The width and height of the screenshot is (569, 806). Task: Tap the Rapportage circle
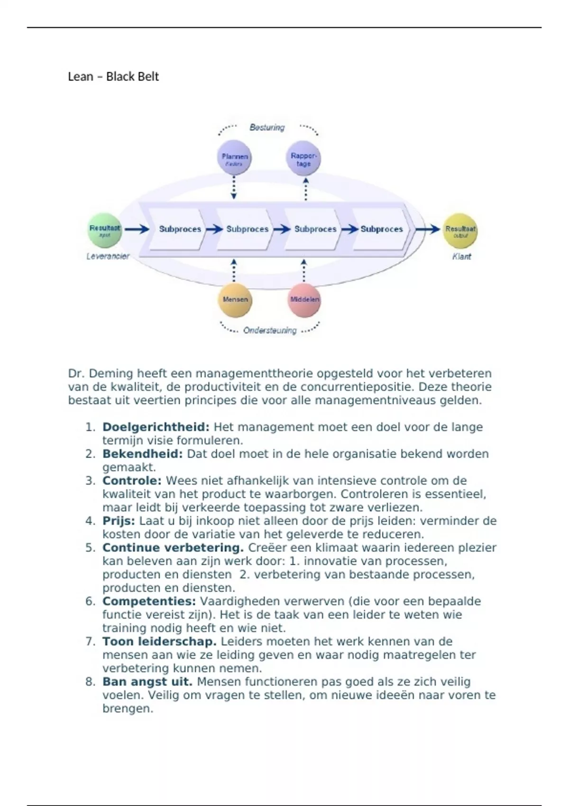click(x=304, y=159)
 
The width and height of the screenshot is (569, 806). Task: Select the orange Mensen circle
click(x=235, y=300)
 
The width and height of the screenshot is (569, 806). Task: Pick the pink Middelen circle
click(x=304, y=300)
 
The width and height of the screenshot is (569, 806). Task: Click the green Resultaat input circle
click(x=105, y=230)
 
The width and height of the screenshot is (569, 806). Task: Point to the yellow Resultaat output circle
click(x=460, y=231)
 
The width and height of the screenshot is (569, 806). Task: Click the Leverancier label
click(x=108, y=256)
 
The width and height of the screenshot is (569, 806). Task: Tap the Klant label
click(x=461, y=256)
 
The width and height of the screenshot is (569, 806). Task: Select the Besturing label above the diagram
click(x=267, y=128)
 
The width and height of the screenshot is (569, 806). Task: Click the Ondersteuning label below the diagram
click(x=270, y=330)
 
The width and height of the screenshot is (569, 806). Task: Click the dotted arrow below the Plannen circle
click(x=234, y=187)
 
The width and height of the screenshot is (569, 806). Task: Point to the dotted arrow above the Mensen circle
click(x=233, y=270)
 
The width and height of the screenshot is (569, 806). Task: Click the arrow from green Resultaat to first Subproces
click(x=137, y=229)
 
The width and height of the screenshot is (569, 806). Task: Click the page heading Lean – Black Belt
click(x=113, y=77)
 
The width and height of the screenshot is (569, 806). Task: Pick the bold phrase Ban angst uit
click(x=147, y=682)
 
